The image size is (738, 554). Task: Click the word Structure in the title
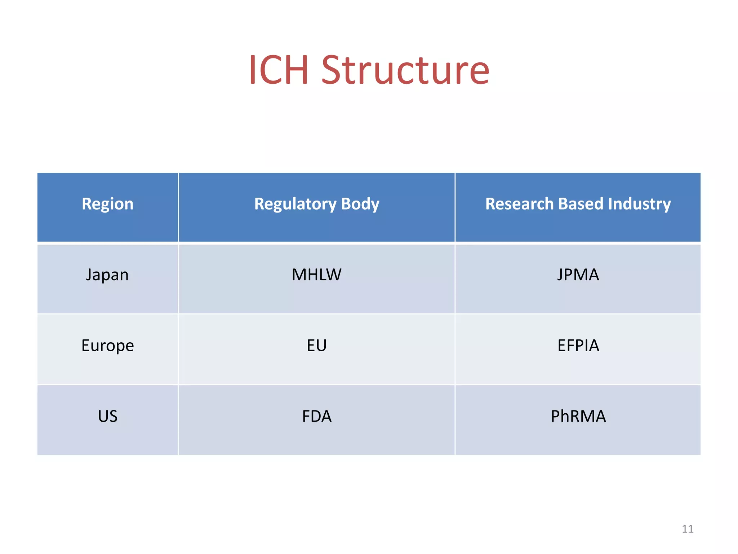[x=405, y=70]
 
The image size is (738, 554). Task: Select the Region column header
[x=107, y=204]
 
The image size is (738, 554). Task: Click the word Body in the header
[x=360, y=204]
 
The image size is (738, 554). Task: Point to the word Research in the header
[x=519, y=204]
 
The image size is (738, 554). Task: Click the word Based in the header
[x=580, y=204]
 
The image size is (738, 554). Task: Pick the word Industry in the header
[x=639, y=204]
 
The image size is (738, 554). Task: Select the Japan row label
[x=107, y=275]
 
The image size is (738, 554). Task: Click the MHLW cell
[x=316, y=275]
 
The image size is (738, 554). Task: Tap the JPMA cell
[x=578, y=275]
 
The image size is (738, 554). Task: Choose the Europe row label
[x=107, y=346]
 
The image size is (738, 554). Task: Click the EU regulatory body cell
[x=316, y=346]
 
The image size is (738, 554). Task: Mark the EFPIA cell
[x=578, y=346]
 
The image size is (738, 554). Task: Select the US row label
[x=107, y=416]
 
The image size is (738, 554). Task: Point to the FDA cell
[x=316, y=416]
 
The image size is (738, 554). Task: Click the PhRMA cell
[x=578, y=416]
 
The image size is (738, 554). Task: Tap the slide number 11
[x=688, y=529]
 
